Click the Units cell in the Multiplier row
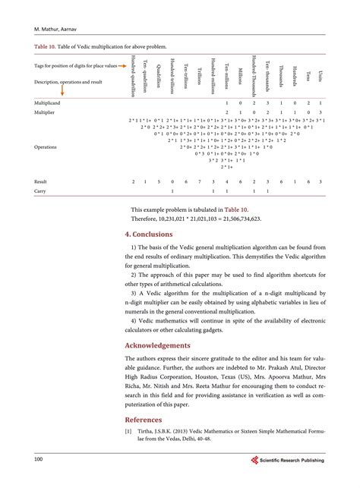pos(321,112)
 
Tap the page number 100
pos(38,460)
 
